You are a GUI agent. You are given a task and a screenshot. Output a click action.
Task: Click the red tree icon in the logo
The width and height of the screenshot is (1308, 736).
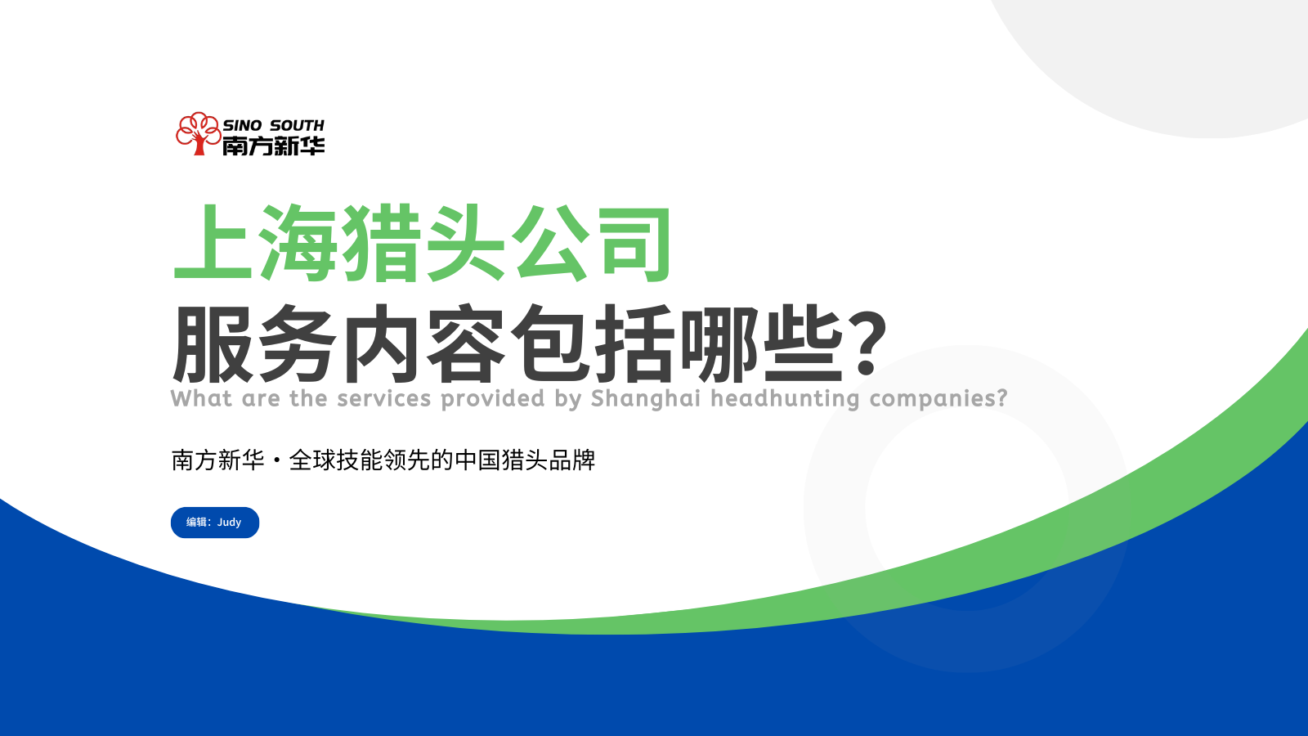pyautogui.click(x=198, y=134)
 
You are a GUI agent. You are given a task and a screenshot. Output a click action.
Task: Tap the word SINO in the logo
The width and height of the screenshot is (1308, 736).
pyautogui.click(x=242, y=126)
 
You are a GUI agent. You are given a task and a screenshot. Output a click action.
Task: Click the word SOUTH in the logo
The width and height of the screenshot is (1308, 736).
pyautogui.click(x=297, y=126)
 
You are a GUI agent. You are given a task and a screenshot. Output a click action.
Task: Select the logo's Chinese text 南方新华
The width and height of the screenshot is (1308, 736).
pyautogui.click(x=273, y=146)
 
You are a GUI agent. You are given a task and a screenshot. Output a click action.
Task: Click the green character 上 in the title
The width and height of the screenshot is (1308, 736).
pyautogui.click(x=213, y=243)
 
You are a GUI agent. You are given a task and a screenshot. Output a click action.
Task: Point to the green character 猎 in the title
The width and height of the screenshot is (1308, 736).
pyautogui.click(x=382, y=243)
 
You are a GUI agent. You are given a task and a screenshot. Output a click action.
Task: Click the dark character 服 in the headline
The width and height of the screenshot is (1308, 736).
pyautogui.click(x=213, y=344)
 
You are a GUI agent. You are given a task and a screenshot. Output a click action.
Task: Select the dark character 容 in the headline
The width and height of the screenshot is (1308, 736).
pyautogui.click(x=466, y=344)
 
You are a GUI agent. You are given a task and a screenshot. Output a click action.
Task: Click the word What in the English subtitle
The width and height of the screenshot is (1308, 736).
pyautogui.click(x=201, y=398)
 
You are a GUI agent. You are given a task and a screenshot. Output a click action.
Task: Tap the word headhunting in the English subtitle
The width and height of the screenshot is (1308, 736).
pyautogui.click(x=785, y=400)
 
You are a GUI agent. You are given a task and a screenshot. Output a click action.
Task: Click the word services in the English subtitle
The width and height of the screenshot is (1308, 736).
pyautogui.click(x=383, y=398)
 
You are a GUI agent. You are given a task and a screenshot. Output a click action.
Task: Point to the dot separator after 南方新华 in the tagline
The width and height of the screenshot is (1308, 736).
pyautogui.click(x=277, y=461)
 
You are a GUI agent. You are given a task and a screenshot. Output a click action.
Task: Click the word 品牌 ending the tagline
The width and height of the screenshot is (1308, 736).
pyautogui.click(x=572, y=460)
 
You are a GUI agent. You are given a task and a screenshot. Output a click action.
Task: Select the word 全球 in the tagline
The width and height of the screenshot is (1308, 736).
pyautogui.click(x=312, y=460)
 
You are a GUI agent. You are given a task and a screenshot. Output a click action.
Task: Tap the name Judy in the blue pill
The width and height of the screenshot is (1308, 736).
pyautogui.click(x=229, y=523)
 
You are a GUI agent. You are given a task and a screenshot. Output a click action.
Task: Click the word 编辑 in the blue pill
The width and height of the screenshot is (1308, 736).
pyautogui.click(x=197, y=523)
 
